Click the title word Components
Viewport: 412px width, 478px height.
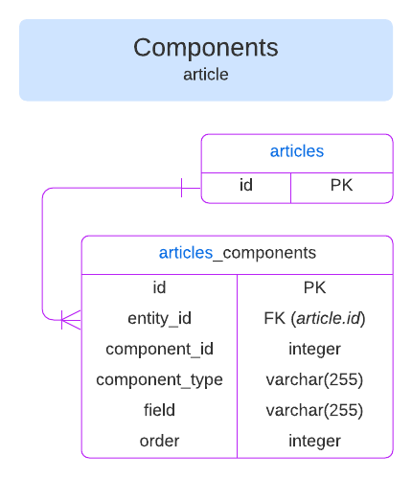pyautogui.click(x=205, y=48)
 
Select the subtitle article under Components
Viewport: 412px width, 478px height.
pyautogui.click(x=205, y=74)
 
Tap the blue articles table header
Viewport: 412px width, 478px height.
pyautogui.click(x=296, y=151)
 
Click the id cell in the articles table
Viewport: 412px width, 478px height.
pyautogui.click(x=245, y=186)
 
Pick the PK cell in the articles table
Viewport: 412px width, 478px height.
pyautogui.click(x=341, y=186)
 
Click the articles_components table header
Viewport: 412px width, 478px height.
pyautogui.click(x=237, y=253)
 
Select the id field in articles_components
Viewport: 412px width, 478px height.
pyautogui.click(x=159, y=287)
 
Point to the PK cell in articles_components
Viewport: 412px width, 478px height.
pyautogui.click(x=314, y=287)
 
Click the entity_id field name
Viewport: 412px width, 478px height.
pyautogui.click(x=159, y=318)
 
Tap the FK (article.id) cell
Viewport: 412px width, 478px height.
pyautogui.click(x=314, y=318)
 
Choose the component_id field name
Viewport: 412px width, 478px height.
pyautogui.click(x=159, y=349)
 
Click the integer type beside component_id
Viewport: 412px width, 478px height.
pyautogui.click(x=314, y=349)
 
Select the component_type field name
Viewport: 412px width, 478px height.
pyautogui.click(x=159, y=379)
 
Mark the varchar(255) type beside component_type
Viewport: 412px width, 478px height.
pyautogui.click(x=314, y=379)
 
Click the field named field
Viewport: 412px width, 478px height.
pyautogui.click(x=159, y=410)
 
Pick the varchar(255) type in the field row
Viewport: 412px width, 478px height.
pyautogui.click(x=314, y=410)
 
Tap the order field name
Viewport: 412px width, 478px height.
pyautogui.click(x=159, y=441)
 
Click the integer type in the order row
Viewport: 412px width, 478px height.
pyautogui.click(x=314, y=441)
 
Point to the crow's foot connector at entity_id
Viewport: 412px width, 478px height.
pyautogui.click(x=70, y=318)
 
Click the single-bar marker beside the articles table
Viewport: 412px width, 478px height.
pyautogui.click(x=182, y=187)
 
